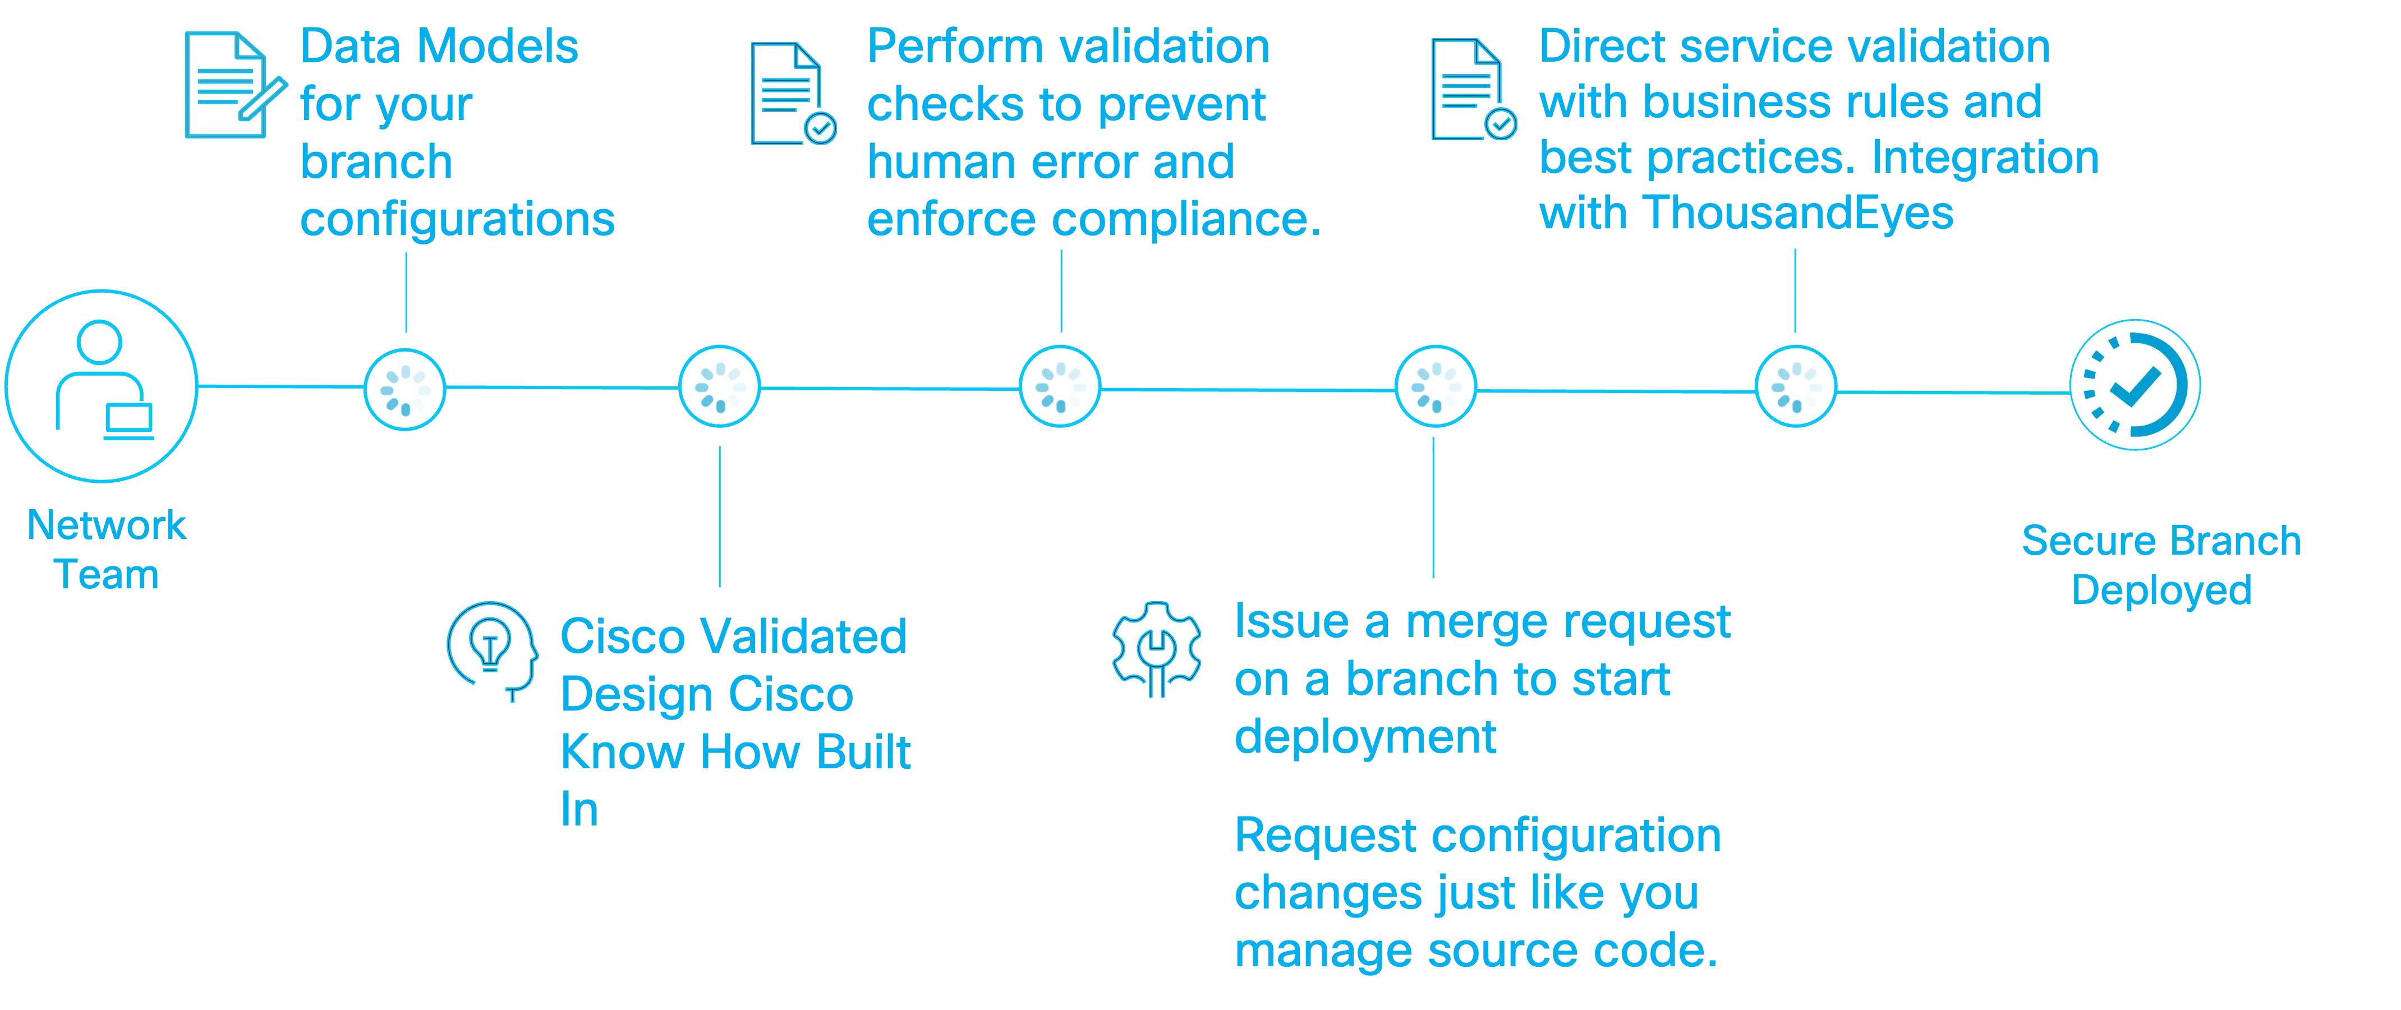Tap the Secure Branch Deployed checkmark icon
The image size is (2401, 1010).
click(2135, 386)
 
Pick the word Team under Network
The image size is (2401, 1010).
click(108, 576)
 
